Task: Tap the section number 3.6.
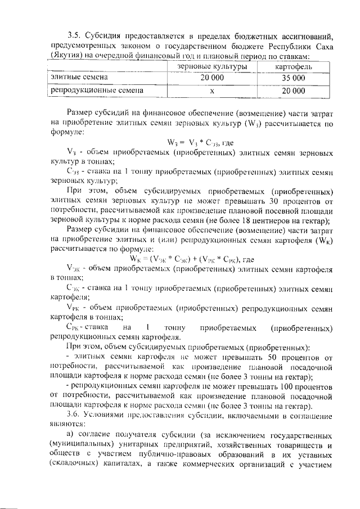click(x=73, y=413)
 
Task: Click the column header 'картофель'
click(x=294, y=66)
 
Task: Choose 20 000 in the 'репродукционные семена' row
click(x=294, y=90)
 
